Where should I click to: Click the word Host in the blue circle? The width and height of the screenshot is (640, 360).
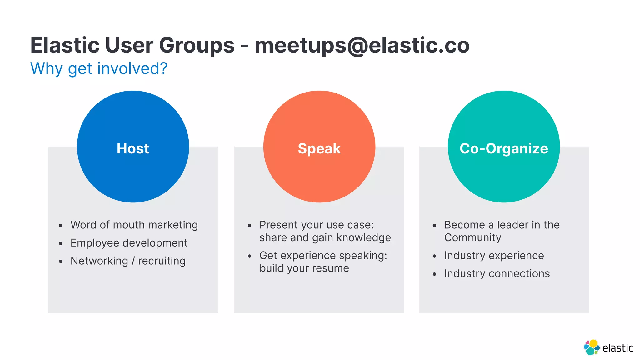133,148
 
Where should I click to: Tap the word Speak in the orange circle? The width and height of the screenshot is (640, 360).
319,148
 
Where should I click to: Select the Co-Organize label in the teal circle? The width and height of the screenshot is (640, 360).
504,148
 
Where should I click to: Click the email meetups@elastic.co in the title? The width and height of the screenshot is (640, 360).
362,45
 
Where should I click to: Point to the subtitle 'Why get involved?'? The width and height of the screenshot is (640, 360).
99,68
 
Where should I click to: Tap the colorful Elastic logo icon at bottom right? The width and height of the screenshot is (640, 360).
591,347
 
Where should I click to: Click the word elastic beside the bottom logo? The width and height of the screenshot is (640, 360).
617,348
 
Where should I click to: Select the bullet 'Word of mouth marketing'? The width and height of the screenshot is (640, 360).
134,225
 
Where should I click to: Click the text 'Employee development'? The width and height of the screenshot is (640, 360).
129,243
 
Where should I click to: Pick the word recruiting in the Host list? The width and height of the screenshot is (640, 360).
162,261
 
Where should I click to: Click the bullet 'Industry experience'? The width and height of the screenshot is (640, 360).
494,256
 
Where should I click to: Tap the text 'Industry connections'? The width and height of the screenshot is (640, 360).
497,274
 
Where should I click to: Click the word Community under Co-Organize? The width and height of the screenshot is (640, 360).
472,238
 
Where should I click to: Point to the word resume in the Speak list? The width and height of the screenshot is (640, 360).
330,268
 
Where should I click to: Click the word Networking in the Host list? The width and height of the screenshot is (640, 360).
99,261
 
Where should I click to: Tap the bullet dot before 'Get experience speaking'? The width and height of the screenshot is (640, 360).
249,256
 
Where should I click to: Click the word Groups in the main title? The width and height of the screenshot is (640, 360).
197,45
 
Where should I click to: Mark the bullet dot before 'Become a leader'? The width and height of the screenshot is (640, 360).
434,226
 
